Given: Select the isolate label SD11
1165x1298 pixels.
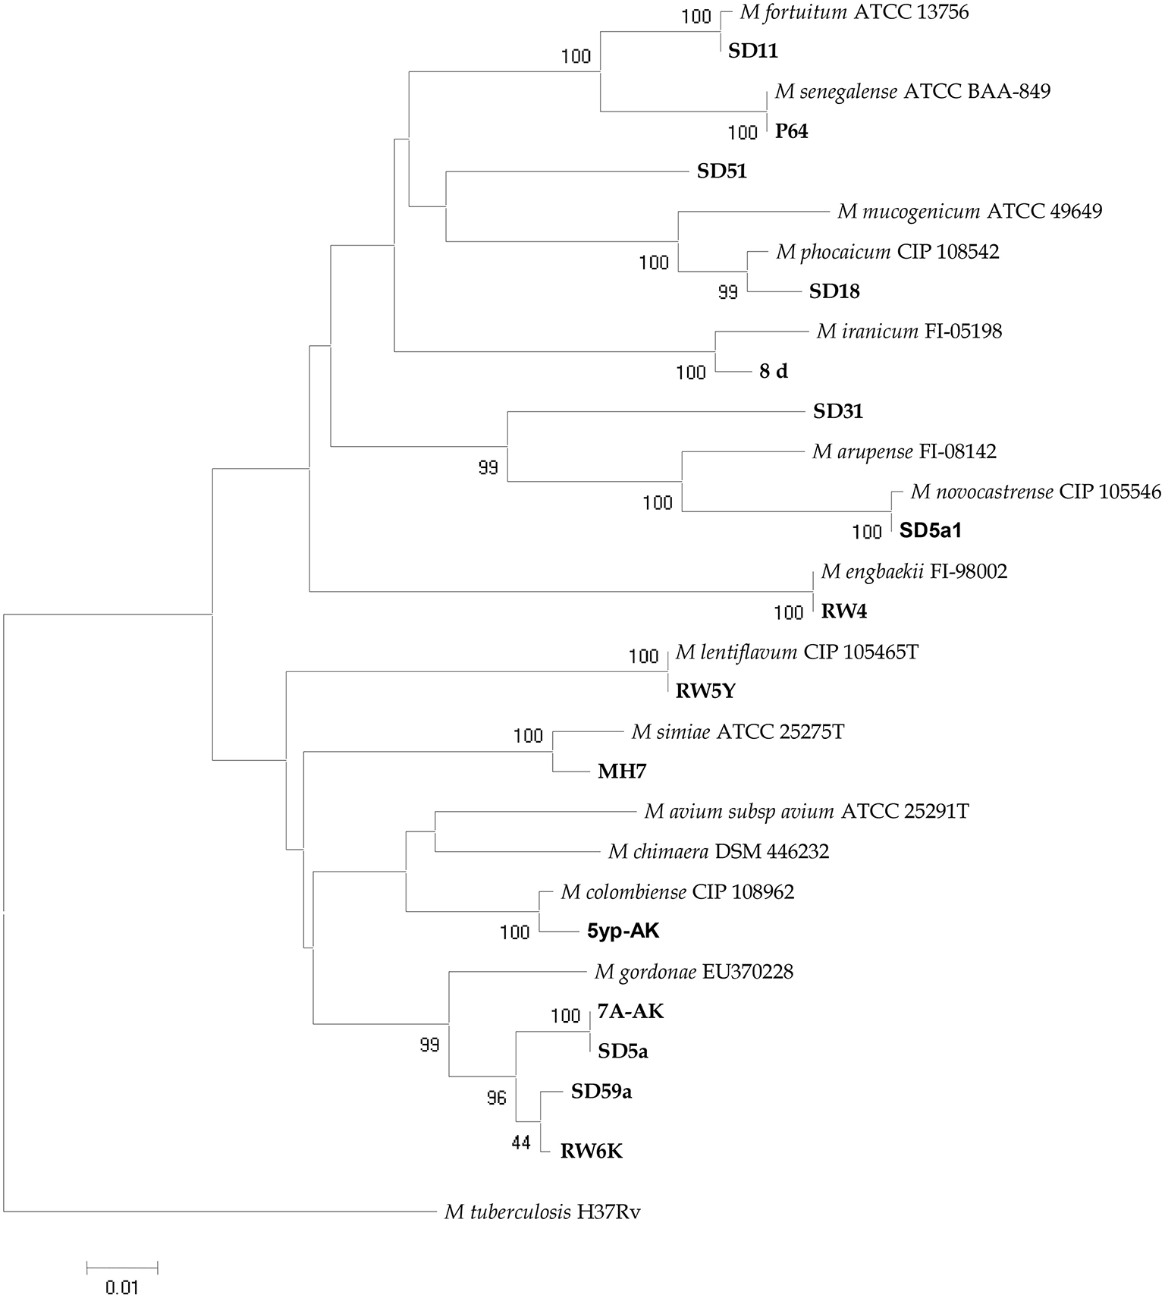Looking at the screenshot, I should point(753,52).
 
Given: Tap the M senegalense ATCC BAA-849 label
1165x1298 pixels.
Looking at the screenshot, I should point(912,93).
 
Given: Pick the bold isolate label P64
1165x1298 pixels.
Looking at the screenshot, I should point(791,132).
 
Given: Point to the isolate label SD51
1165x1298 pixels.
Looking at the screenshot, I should point(721,172).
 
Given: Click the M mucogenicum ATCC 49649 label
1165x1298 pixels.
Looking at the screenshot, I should point(969,212).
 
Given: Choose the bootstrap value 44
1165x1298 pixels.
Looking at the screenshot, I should point(520,1142).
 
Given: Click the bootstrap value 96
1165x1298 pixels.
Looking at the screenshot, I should point(496,1098).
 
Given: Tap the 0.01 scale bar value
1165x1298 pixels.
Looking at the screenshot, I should point(121,1287).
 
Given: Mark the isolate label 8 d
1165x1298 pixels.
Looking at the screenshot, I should point(773,372).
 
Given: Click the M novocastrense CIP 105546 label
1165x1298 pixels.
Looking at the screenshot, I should point(1035,492).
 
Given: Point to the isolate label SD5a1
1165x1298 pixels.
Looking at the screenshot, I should point(930,531).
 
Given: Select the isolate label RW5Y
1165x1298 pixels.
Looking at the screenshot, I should point(705,692).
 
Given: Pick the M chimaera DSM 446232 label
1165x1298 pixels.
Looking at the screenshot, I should point(718,852).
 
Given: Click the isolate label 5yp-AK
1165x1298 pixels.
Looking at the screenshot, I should point(623,931).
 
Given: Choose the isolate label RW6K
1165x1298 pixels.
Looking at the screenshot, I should point(591,1152).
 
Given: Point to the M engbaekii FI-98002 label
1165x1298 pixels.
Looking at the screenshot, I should point(914,571).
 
